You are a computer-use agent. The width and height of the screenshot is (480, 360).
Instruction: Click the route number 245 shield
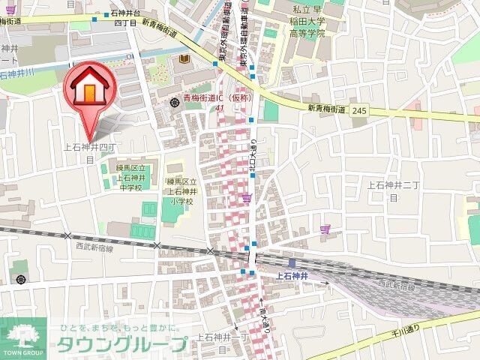(359, 110)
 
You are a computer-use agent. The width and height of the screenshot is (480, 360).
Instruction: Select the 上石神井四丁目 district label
(88, 152)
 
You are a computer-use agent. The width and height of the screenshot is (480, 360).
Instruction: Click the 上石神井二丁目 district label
(391, 190)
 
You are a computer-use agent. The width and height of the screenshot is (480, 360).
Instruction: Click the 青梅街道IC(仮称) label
(215, 97)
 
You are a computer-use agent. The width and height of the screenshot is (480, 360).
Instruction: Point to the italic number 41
(219, 109)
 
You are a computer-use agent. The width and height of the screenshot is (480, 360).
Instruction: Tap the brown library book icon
(184, 60)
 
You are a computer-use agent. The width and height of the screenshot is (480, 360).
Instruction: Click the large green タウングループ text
(122, 346)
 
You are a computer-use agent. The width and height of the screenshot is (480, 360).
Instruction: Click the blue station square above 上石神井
(292, 262)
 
